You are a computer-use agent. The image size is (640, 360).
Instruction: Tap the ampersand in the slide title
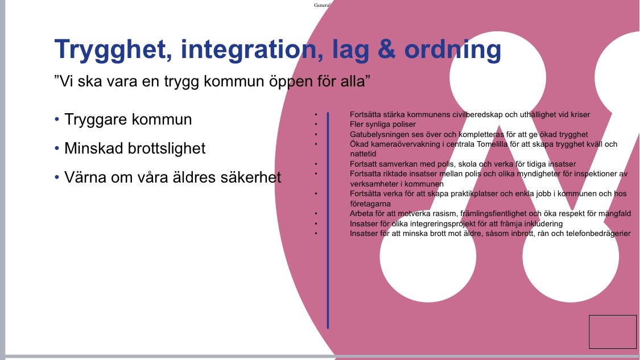pyautogui.click(x=386, y=49)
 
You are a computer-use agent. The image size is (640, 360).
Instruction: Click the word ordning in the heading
pyautogui.click(x=453, y=50)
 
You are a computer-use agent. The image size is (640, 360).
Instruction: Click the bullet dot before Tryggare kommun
pyautogui.click(x=57, y=119)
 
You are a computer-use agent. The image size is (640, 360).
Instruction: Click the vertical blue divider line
pyautogui.click(x=328, y=221)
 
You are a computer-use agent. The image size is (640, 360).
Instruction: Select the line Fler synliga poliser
pyautogui.click(x=383, y=125)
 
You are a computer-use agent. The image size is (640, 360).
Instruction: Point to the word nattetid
pyautogui.click(x=363, y=154)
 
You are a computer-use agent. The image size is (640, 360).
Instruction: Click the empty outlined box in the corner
pyautogui.click(x=613, y=316)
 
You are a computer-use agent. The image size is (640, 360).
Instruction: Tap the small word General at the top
pyautogui.click(x=321, y=5)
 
